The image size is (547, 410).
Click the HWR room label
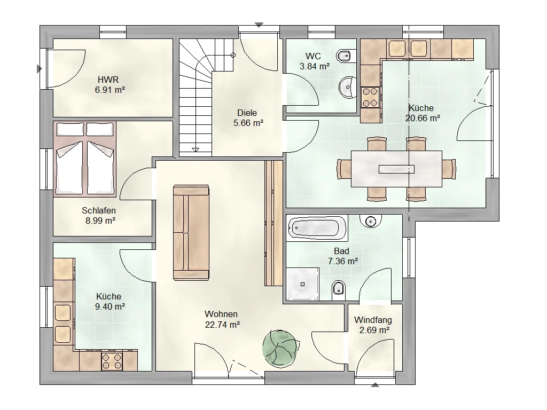(108, 80)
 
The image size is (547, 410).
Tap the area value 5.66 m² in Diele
(248, 123)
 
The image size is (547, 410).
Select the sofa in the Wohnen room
(191, 233)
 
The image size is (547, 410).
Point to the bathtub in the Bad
(317, 228)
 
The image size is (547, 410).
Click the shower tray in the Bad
(302, 284)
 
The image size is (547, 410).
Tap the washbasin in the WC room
(347, 86)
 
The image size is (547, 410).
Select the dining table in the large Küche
(396, 169)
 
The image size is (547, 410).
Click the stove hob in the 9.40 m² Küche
(112, 361)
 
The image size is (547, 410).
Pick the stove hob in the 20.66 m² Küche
(370, 97)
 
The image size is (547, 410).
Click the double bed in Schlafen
(85, 159)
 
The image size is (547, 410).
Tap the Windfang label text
(373, 320)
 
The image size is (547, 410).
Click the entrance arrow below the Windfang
(374, 385)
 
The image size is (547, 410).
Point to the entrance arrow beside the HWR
(40, 69)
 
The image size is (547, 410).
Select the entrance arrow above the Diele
(259, 25)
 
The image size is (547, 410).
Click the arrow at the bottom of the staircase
(196, 149)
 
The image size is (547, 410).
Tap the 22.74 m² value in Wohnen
(222, 325)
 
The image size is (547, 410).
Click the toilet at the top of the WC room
(346, 56)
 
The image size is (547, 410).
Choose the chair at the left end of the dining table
(343, 169)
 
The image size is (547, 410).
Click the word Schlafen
(99, 210)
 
